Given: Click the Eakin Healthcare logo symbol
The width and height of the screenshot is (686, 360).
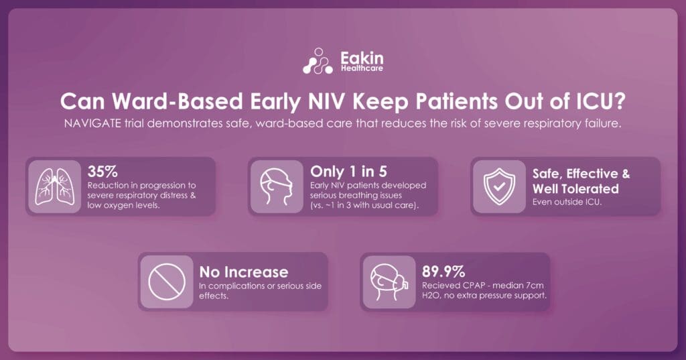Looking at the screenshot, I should point(318,61).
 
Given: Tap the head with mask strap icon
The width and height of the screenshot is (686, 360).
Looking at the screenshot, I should point(272,186).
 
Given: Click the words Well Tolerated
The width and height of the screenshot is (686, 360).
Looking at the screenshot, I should point(575,188).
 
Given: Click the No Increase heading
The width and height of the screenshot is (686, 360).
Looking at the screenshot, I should point(244,272).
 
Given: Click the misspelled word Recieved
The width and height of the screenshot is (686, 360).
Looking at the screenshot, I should point(439,286).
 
